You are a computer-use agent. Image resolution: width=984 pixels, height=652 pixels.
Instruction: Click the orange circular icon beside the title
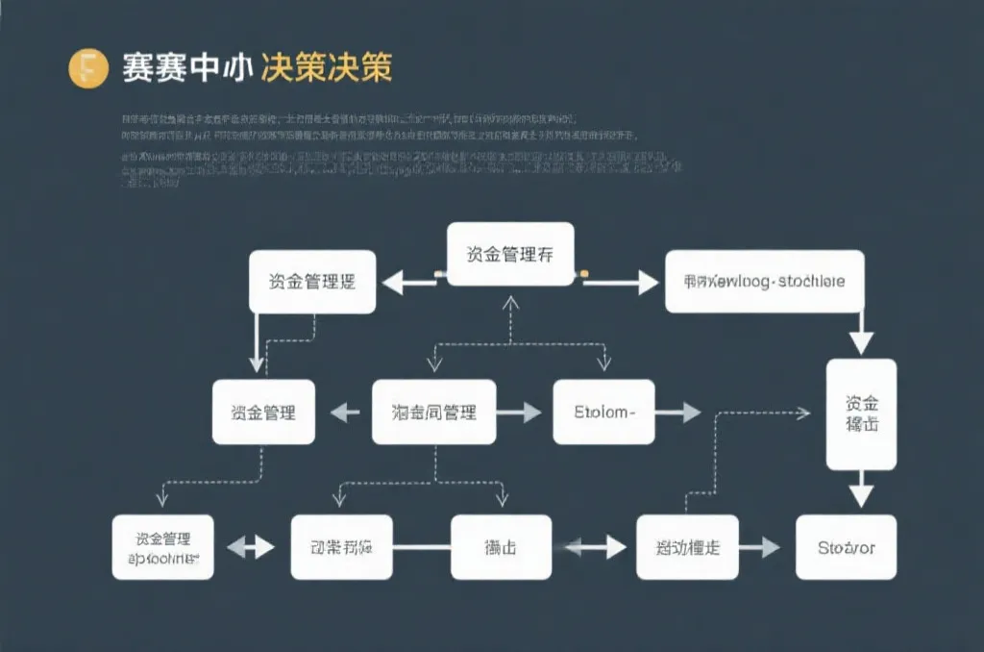click(x=87, y=69)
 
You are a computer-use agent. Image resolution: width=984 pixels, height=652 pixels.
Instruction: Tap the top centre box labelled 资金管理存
click(x=510, y=255)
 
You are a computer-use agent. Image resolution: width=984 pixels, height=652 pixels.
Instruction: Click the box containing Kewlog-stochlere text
click(x=765, y=282)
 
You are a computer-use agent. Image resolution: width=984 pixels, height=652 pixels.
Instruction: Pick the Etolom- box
click(x=603, y=413)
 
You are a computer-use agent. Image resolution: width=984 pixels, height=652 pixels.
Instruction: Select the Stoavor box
click(x=846, y=547)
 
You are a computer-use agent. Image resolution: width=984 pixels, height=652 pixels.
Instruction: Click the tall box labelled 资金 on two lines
click(x=861, y=414)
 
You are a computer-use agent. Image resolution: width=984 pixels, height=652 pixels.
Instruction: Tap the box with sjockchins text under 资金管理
click(x=162, y=547)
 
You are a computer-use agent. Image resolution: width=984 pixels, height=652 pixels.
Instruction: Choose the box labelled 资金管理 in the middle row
click(x=263, y=413)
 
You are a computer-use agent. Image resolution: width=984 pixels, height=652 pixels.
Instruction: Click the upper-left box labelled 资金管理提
click(x=312, y=282)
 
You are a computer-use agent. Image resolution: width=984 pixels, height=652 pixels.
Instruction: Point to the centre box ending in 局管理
click(x=434, y=413)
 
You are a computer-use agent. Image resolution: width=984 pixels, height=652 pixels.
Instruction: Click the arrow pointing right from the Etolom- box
click(x=678, y=413)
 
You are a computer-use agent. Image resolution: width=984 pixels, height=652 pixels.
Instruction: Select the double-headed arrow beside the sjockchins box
click(x=253, y=547)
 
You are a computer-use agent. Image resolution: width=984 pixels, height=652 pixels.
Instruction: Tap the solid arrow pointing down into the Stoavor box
click(x=861, y=493)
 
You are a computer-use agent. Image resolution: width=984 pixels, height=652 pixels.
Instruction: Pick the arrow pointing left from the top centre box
click(x=409, y=282)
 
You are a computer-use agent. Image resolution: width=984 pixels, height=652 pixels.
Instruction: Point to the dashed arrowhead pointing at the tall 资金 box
click(x=802, y=413)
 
